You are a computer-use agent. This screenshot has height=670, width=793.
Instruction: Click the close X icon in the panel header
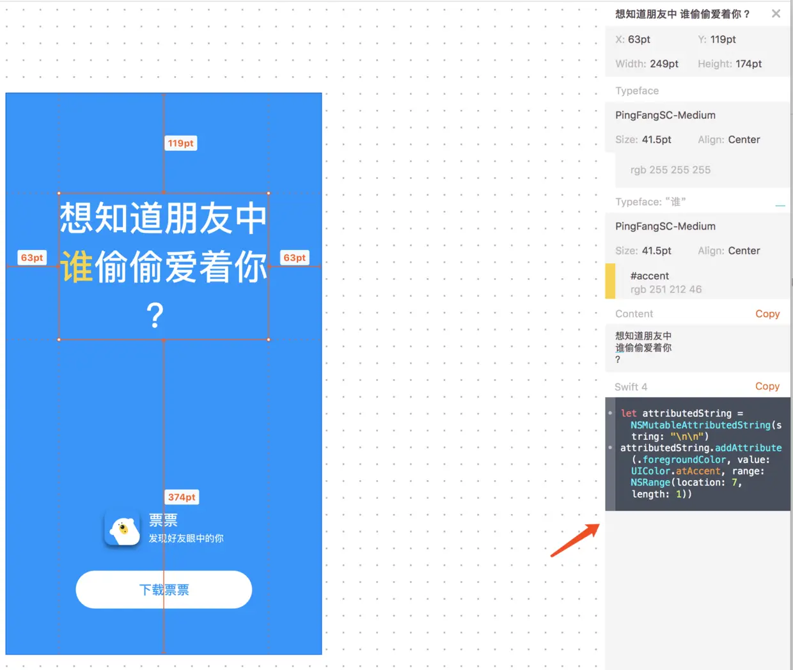[x=776, y=13]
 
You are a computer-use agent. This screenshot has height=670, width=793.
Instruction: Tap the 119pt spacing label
[x=180, y=143]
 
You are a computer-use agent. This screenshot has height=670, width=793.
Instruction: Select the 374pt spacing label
[x=182, y=497]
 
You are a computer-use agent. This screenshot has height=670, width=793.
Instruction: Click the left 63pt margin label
[x=32, y=258]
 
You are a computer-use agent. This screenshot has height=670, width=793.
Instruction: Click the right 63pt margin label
[x=295, y=258]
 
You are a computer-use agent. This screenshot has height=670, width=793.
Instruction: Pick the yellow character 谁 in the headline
[x=77, y=267]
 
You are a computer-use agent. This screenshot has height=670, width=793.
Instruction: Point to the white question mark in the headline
[x=155, y=315]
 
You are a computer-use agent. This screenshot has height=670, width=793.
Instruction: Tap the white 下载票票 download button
[x=164, y=589]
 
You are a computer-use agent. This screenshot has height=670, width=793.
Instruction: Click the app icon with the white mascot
[x=122, y=529]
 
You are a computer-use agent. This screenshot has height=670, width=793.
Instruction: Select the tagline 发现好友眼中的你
[x=186, y=538]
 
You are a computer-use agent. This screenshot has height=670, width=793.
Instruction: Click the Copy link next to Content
[x=767, y=314]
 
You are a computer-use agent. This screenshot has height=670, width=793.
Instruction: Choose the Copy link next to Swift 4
[x=767, y=386]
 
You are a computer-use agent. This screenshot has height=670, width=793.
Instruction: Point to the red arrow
[x=575, y=540]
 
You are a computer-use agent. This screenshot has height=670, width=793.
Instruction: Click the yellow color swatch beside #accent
[x=610, y=281]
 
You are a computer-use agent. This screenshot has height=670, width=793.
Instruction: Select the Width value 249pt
[x=664, y=64]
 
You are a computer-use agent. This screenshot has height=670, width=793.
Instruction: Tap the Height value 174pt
[x=748, y=64]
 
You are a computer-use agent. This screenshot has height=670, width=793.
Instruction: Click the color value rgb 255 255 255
[x=670, y=170]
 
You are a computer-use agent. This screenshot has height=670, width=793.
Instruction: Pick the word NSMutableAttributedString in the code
[x=700, y=425]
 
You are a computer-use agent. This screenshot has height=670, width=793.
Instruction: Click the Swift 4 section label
[x=631, y=387]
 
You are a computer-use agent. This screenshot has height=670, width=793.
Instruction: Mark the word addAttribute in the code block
[x=748, y=448]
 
